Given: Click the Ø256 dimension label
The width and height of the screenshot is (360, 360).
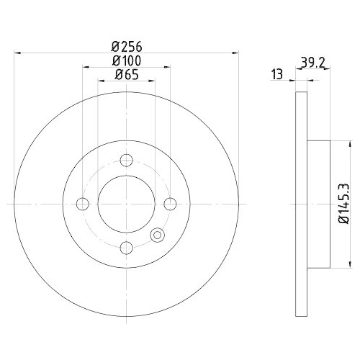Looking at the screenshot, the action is [x=127, y=47].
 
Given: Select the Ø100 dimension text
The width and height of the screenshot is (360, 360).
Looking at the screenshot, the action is [x=127, y=60].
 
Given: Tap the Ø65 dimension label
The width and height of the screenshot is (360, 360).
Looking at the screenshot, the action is [x=127, y=75].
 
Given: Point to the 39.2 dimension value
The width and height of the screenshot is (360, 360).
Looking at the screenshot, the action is [x=313, y=63].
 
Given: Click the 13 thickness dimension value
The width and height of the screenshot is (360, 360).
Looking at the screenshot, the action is [x=277, y=74].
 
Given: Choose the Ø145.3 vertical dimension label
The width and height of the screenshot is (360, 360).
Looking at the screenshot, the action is [x=343, y=204].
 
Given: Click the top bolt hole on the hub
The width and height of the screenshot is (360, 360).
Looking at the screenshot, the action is [x=126, y=161].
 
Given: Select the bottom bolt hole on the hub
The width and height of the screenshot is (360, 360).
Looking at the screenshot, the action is [x=126, y=248].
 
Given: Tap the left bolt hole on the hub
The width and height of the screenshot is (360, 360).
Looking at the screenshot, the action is [x=83, y=204].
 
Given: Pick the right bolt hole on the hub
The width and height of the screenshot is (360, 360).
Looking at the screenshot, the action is [x=170, y=204].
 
